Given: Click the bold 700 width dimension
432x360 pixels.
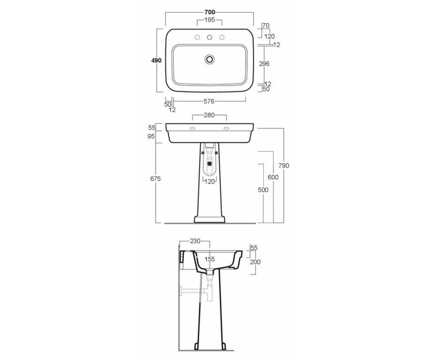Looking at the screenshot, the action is point(210,12).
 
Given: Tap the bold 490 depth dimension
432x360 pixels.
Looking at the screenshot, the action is point(156,60).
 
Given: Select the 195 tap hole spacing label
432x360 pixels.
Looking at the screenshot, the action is point(210,20).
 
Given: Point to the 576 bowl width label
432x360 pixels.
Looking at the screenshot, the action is point(209,102).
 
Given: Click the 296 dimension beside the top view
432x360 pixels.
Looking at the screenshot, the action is point(264,64).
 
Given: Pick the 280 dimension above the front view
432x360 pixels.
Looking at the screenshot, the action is point(209,115).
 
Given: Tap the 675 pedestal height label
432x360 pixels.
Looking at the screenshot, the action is point(156,179).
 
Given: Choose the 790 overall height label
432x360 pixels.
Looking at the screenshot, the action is point(284,166).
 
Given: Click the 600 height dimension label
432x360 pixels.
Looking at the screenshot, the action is point(273,177).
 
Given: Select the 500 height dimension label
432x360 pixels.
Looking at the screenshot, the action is point(263,190).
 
